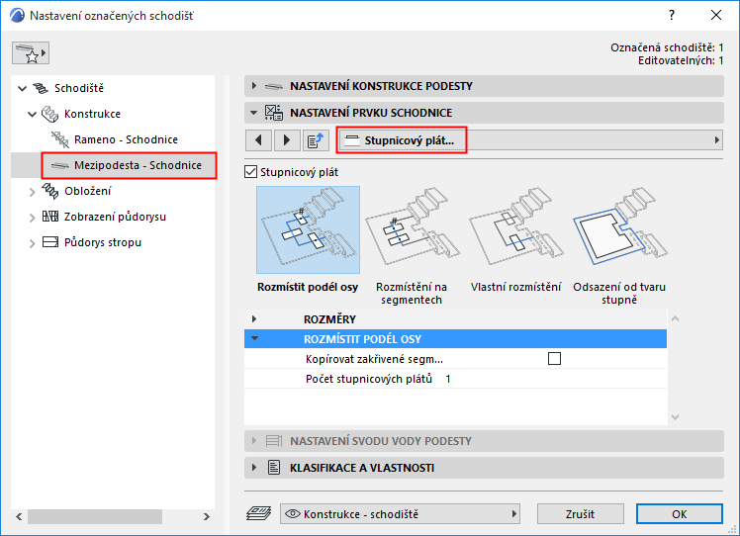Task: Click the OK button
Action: tap(679, 514)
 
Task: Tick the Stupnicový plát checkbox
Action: tap(250, 172)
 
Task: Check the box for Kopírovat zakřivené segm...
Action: tap(555, 359)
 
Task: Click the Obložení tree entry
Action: tap(88, 191)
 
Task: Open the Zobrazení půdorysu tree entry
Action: tap(115, 217)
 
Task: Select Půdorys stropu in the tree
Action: tap(103, 242)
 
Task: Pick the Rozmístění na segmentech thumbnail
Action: tap(412, 229)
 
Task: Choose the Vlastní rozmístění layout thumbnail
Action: tap(515, 229)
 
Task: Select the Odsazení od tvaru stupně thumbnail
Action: tap(619, 229)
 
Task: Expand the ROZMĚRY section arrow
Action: tap(254, 319)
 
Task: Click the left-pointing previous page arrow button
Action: tap(258, 140)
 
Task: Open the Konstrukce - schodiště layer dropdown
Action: tap(401, 514)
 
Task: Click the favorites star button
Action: tap(31, 52)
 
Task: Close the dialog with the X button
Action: tap(716, 15)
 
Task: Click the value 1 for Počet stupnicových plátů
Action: tap(448, 379)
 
